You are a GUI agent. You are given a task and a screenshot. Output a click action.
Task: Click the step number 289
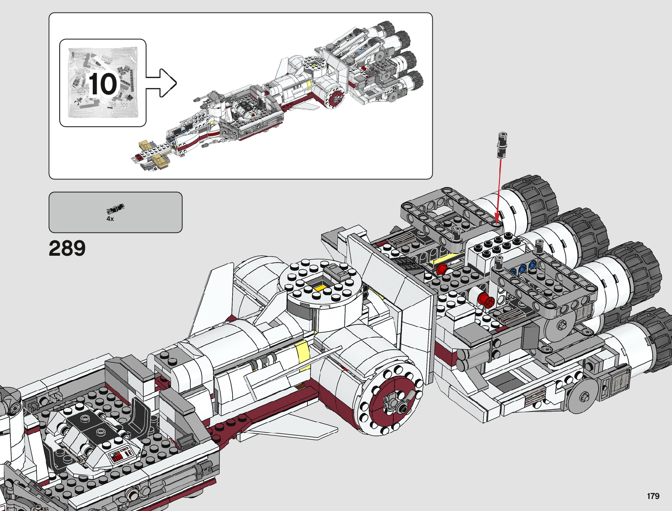pos(67,248)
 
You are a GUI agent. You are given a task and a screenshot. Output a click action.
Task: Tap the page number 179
pos(653,496)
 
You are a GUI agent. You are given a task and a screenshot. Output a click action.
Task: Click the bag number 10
pos(103,84)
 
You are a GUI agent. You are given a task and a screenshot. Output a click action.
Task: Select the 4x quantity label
pos(110,219)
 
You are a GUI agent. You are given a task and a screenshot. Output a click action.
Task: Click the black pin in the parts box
pos(116,208)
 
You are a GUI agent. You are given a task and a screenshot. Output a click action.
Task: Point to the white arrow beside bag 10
pos(161,83)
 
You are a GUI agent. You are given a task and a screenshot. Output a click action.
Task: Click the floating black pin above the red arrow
pos(502,145)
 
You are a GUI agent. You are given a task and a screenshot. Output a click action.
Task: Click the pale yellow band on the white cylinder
pos(302,355)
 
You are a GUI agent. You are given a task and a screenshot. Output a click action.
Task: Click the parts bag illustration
pos(103,83)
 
